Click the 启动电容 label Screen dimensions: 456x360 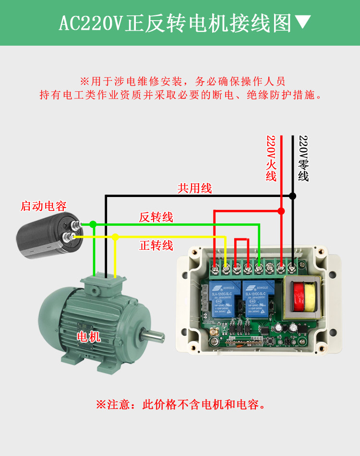click(43, 207)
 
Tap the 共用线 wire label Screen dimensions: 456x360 click(194, 188)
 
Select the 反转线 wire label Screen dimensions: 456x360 click(156, 217)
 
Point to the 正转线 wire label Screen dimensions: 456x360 click(156, 246)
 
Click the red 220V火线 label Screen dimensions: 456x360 click(272, 158)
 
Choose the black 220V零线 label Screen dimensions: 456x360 click(303, 158)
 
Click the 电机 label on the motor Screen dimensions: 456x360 click(89, 336)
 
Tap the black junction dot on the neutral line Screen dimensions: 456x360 click(292, 196)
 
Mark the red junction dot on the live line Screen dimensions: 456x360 click(281, 211)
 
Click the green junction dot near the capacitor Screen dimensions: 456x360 click(93, 224)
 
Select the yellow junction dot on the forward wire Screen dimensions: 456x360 click(115, 236)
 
